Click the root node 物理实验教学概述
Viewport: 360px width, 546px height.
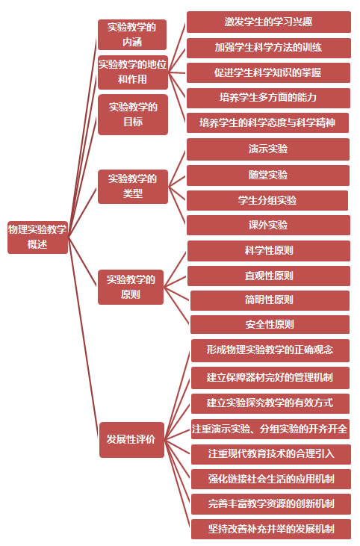[x=37, y=237]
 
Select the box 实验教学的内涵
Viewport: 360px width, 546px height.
[x=132, y=34]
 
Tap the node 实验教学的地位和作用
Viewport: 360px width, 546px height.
[x=133, y=72]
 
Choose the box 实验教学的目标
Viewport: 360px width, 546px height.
[x=133, y=114]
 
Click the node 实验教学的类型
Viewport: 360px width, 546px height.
[x=133, y=186]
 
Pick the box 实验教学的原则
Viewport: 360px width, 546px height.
[x=131, y=287]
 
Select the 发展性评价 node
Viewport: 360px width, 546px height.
[x=131, y=439]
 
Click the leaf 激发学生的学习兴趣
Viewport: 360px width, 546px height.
[x=268, y=22]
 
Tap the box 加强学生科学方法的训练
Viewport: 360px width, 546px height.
[x=268, y=48]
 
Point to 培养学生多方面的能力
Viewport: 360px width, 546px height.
[x=268, y=98]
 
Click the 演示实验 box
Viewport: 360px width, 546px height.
[x=267, y=149]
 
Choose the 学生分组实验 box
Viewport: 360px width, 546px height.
[x=267, y=200]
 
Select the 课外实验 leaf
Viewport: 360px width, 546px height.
[x=268, y=225]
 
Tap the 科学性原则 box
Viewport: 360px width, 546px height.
[x=269, y=251]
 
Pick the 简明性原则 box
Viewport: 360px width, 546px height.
[x=270, y=300]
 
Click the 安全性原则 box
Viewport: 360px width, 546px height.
[x=270, y=324]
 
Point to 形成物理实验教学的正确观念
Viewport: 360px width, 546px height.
[x=270, y=350]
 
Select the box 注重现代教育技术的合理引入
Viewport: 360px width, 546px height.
[x=271, y=454]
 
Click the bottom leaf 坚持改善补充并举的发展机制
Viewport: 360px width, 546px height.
[x=271, y=530]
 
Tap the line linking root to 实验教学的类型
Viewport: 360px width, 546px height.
[x=82, y=212]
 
